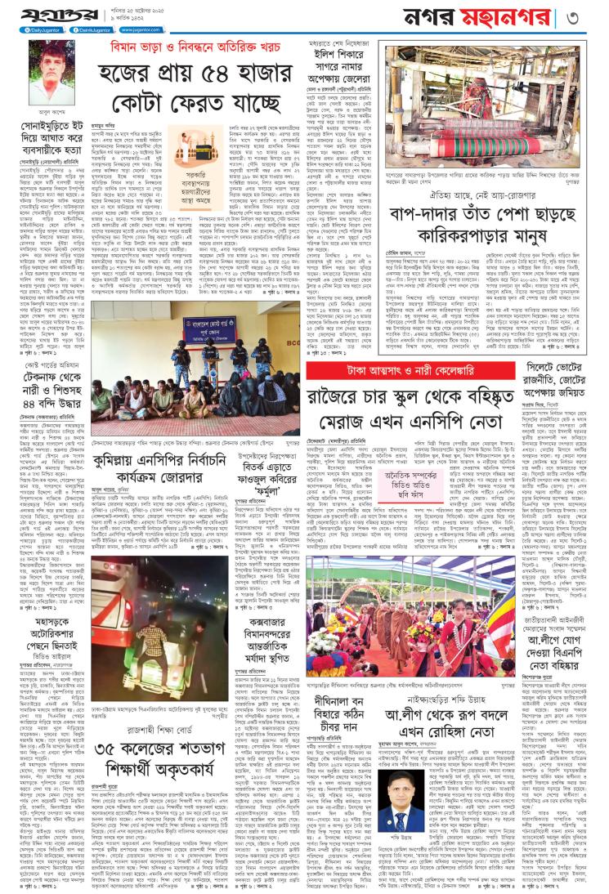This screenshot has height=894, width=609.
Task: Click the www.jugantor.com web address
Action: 137,29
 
